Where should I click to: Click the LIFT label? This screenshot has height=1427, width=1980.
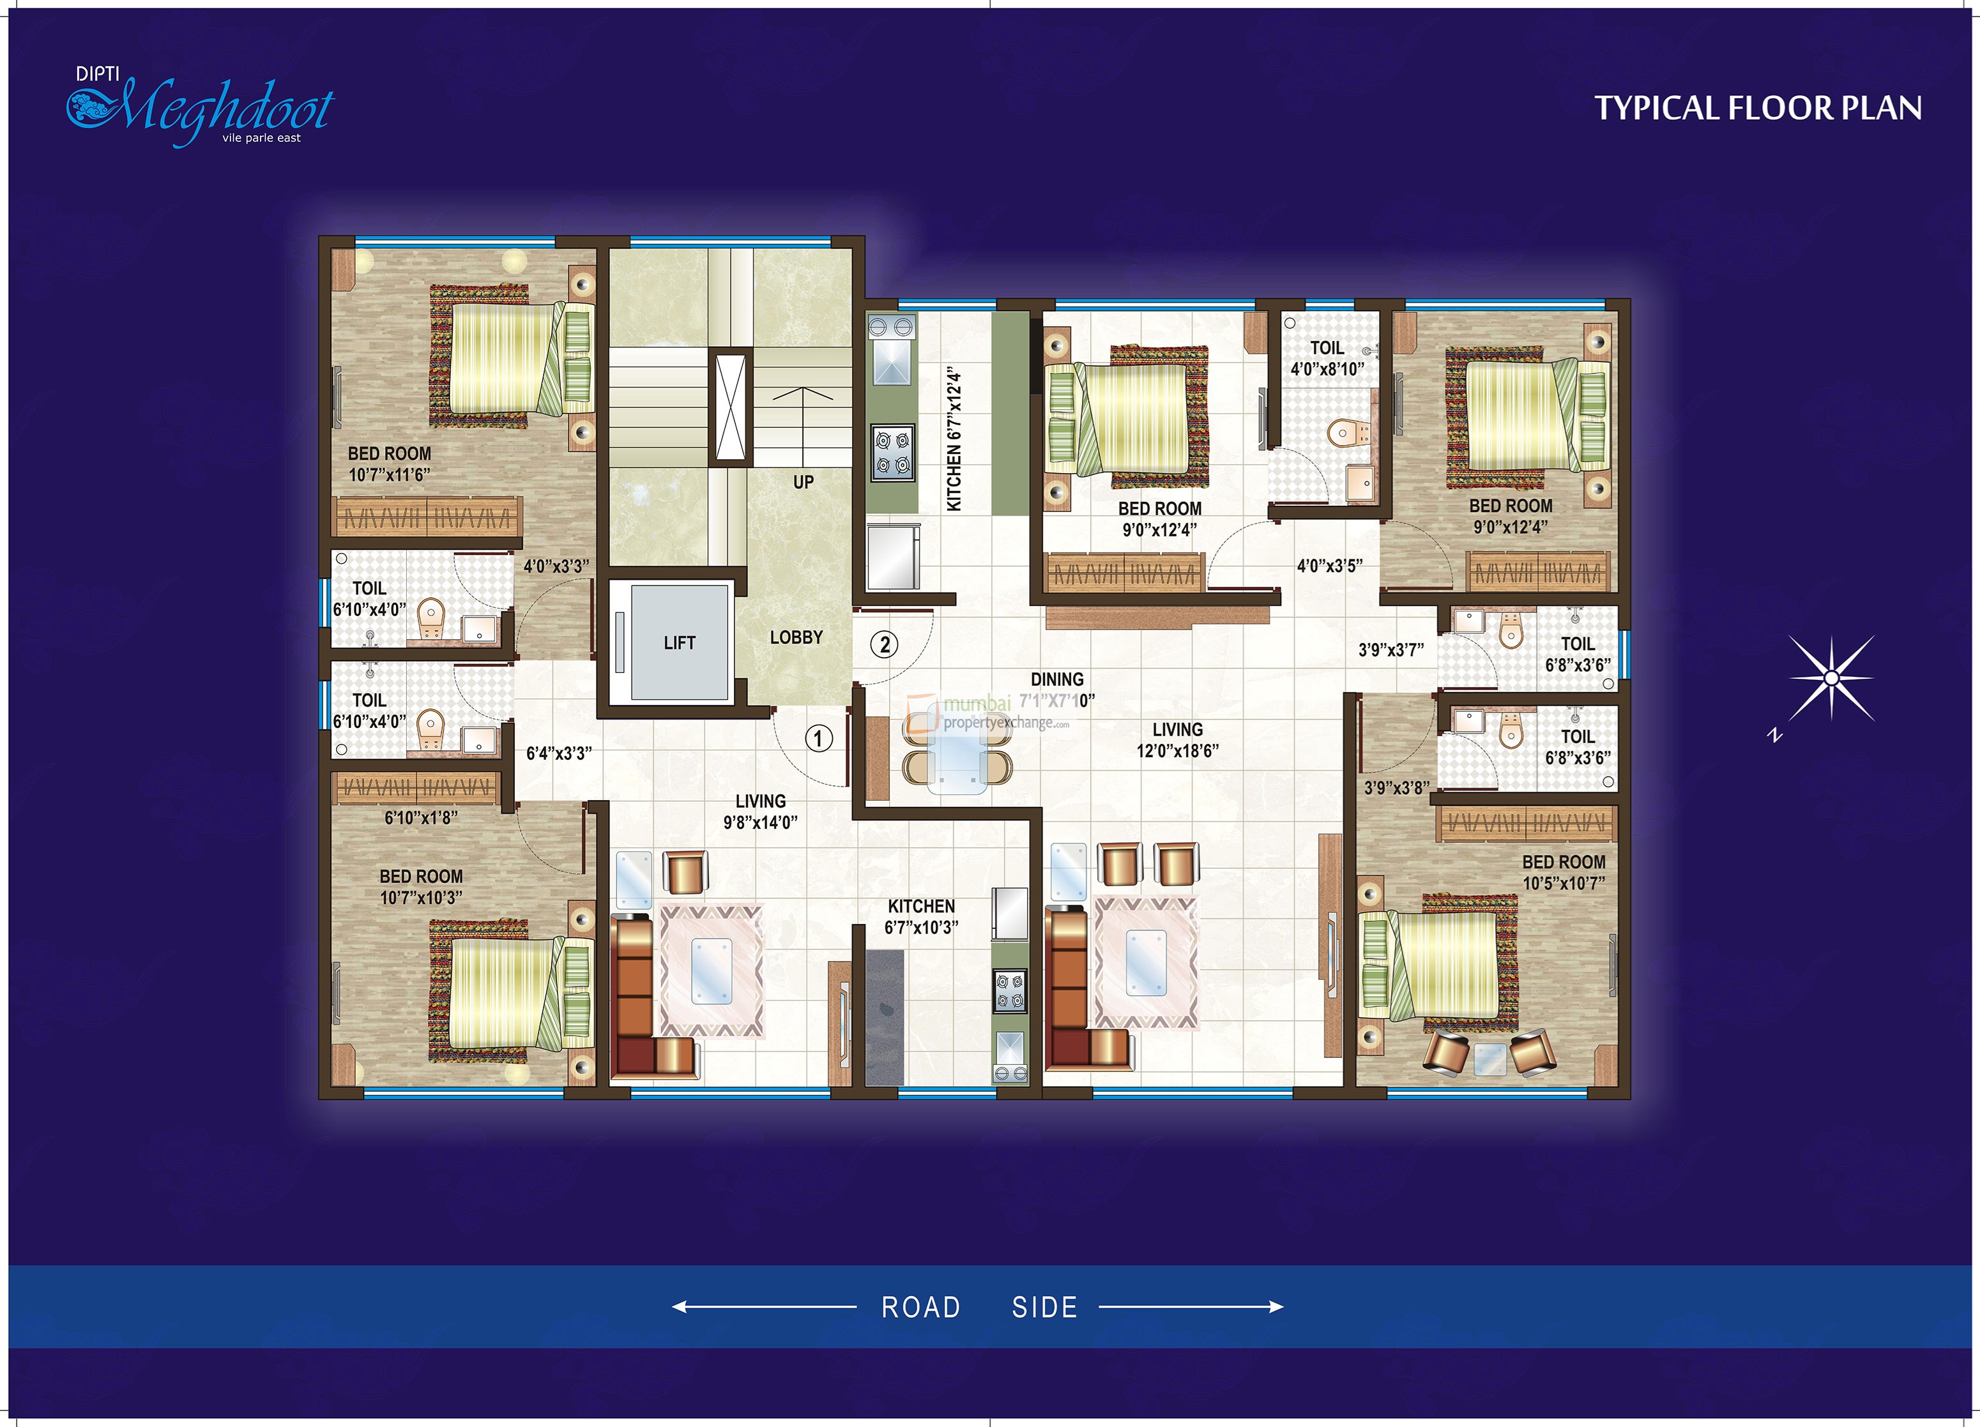tap(679, 643)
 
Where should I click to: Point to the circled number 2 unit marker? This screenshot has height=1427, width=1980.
tap(885, 645)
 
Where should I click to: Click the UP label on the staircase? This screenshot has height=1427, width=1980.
tap(803, 482)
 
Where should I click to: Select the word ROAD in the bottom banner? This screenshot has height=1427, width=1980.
tap(920, 1306)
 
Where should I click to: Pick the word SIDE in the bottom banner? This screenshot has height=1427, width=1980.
tap(1044, 1306)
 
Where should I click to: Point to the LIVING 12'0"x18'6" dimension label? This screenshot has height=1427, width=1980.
tap(1177, 740)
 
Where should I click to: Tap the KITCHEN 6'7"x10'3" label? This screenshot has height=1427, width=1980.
tap(921, 916)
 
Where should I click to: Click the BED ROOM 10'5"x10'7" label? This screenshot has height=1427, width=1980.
tap(1564, 872)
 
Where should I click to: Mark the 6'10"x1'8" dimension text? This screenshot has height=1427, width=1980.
tap(421, 818)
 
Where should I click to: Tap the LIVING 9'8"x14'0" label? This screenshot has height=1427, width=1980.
tap(761, 812)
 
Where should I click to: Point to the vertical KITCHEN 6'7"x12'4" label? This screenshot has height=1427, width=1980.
tap(954, 439)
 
